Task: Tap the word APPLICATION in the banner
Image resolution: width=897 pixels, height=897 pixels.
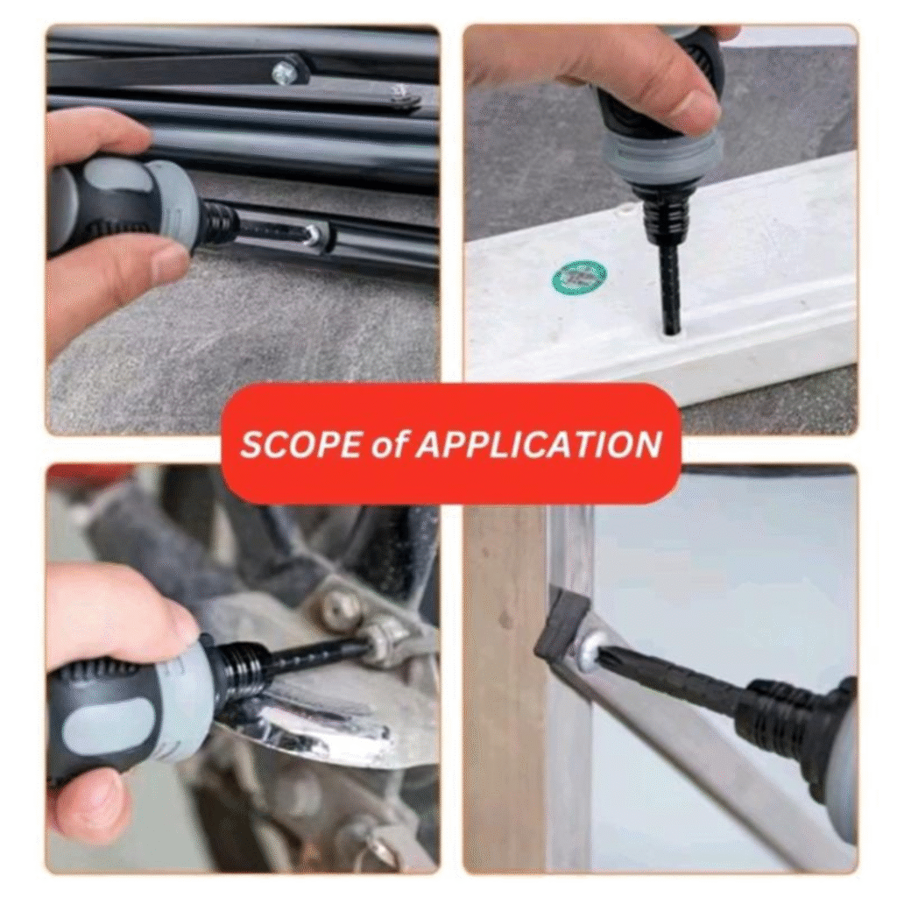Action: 538,444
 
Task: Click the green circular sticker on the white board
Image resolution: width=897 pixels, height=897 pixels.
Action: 580,278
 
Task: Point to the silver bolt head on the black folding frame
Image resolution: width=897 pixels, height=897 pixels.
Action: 284,72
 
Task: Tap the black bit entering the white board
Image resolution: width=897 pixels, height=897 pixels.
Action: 667,289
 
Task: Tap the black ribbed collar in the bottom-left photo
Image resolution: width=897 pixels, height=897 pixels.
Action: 240,669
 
